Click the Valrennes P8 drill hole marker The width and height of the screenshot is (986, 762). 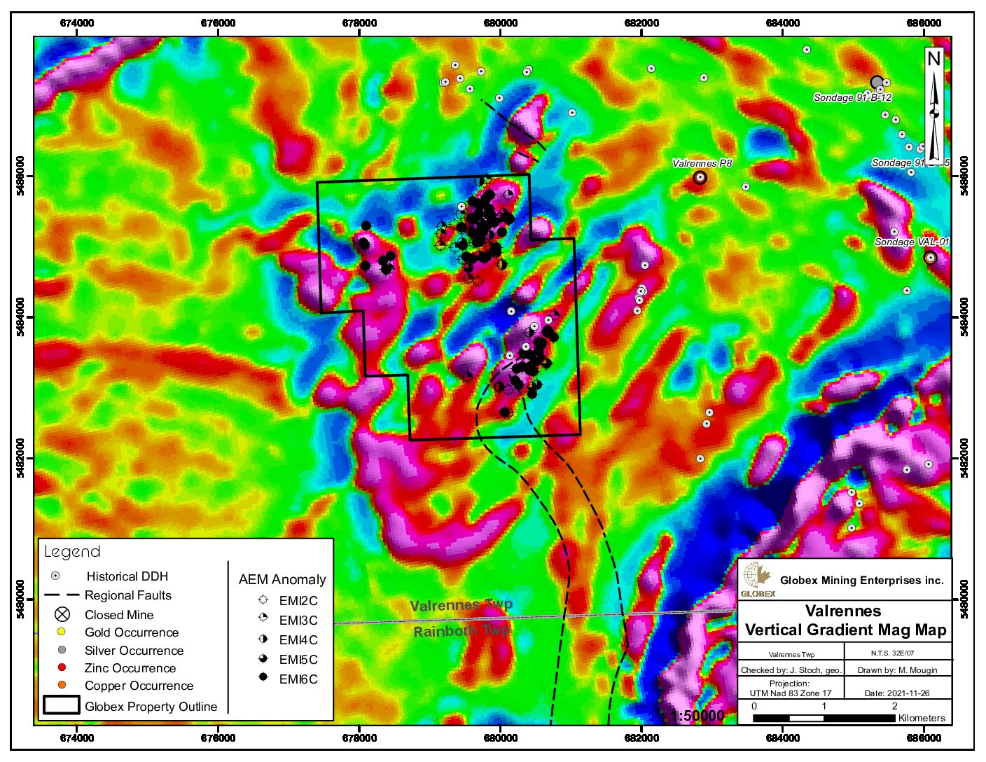point(700,177)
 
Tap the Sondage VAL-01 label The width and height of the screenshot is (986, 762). point(912,242)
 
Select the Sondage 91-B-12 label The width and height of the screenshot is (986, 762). point(852,98)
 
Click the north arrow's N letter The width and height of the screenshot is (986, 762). point(933,60)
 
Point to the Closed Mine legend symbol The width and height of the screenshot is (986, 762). point(62,615)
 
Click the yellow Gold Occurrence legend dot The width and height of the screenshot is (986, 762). point(62,632)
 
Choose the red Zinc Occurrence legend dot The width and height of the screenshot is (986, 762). point(62,668)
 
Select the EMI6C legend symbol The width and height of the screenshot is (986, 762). point(263,678)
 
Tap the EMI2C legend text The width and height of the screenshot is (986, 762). point(298,601)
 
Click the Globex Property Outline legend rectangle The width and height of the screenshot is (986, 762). point(61,705)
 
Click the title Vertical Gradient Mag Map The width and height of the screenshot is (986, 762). point(845,630)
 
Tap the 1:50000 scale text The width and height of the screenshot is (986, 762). point(697,716)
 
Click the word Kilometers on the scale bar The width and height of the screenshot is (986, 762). point(922,718)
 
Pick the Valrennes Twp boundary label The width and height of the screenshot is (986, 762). point(461,605)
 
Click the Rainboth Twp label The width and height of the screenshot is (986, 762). point(461,631)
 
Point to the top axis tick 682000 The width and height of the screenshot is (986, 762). point(641,23)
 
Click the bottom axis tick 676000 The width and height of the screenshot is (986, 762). point(218,738)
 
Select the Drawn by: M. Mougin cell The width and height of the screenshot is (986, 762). point(897,670)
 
